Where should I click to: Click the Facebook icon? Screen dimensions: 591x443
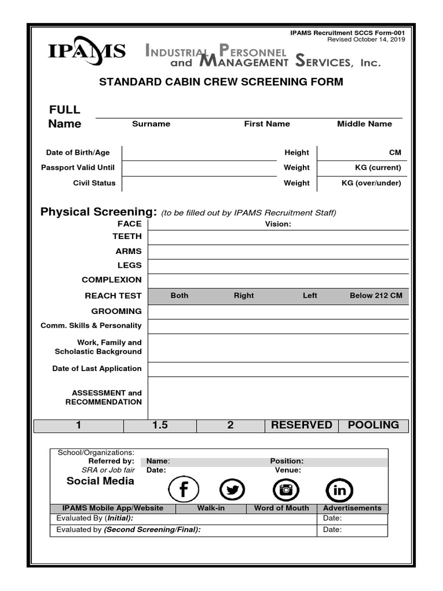[x=183, y=491]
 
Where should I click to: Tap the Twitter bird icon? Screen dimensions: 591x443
[x=232, y=491]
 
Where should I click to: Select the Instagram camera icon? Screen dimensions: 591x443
[x=286, y=491]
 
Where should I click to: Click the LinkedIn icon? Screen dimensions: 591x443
[x=339, y=491]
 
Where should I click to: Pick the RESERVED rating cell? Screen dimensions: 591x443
[x=301, y=425]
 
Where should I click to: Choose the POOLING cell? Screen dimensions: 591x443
[x=373, y=425]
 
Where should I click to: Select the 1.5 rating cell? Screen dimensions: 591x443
[x=160, y=425]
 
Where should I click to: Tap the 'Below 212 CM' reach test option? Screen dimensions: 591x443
[x=376, y=295]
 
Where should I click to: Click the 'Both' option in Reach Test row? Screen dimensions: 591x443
[x=179, y=295]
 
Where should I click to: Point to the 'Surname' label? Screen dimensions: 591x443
[x=151, y=124]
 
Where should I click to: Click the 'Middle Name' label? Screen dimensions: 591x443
[x=365, y=124]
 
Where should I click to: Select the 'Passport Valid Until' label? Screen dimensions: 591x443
[x=78, y=167]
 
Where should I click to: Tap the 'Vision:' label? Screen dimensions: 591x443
[x=278, y=224]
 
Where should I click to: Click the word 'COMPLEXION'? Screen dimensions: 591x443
[x=111, y=279]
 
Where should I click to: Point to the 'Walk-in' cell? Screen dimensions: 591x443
[x=211, y=508]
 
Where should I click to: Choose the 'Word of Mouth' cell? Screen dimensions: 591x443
[x=281, y=508]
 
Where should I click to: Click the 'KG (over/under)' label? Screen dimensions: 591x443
[x=371, y=183]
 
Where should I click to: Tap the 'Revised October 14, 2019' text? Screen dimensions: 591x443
[x=366, y=40]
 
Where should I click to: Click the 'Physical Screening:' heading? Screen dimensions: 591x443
[x=99, y=212]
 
